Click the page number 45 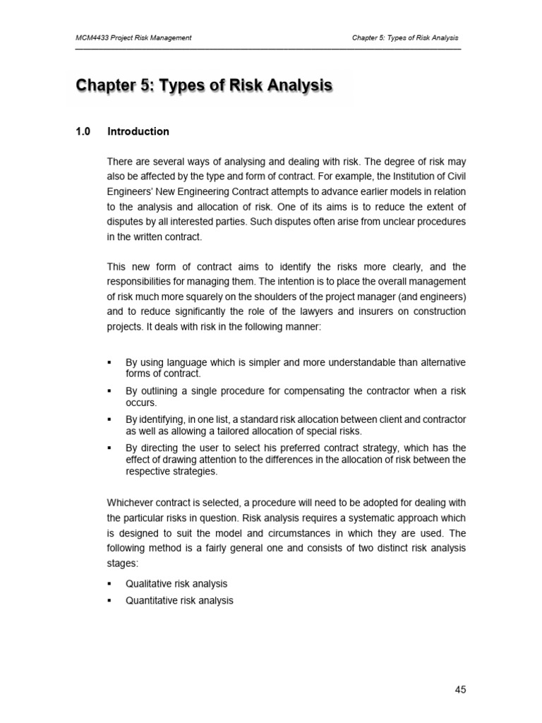click(460, 690)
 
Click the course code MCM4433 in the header click(95, 38)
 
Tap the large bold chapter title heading click(203, 87)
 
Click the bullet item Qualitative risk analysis click(176, 584)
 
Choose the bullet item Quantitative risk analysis click(179, 601)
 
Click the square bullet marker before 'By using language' click(109, 362)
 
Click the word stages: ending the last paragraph click(123, 564)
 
